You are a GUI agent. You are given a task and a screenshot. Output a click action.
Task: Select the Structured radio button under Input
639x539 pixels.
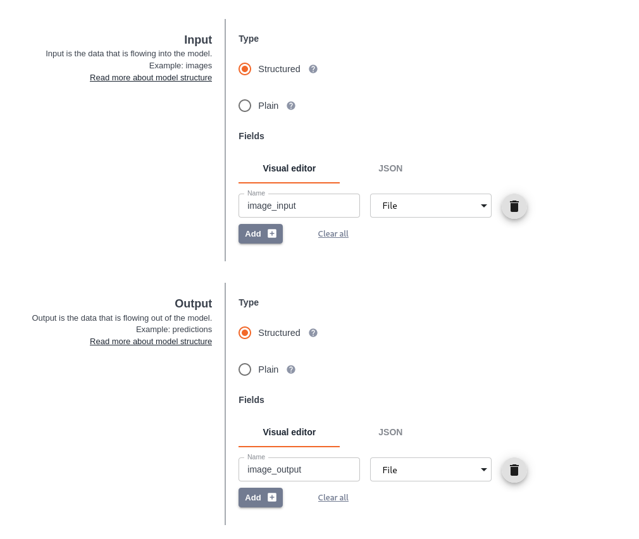coord(245,69)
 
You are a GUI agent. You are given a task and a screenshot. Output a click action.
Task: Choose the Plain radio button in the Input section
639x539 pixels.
coord(245,106)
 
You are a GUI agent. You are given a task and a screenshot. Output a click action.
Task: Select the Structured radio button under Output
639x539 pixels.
coord(245,333)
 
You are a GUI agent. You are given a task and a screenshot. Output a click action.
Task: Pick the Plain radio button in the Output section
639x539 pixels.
coord(245,369)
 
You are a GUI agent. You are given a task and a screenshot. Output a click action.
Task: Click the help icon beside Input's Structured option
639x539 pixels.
coord(313,69)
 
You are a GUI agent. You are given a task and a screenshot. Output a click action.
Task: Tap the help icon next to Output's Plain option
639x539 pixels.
coord(291,369)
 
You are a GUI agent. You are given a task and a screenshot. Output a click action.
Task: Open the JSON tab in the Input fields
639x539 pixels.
coord(390,168)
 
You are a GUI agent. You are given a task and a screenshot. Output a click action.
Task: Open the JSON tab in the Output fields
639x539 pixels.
coord(390,432)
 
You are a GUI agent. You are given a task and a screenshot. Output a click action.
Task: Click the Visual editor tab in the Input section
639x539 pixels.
coord(289,168)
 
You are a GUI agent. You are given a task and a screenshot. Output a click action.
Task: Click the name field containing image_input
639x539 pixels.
coord(299,206)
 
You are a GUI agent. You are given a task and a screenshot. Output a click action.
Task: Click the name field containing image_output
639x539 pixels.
coord(299,469)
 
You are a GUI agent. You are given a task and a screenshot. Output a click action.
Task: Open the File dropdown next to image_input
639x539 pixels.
coord(430,206)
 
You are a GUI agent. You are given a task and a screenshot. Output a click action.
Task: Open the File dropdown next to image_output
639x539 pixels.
coord(430,469)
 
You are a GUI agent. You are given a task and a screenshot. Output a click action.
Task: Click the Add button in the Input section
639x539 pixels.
coord(261,233)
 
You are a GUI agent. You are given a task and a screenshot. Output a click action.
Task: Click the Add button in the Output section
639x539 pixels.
coord(261,497)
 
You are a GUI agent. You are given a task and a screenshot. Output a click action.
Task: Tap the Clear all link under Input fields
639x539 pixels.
coord(333,233)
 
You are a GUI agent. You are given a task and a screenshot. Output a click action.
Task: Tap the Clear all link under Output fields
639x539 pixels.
coord(333,497)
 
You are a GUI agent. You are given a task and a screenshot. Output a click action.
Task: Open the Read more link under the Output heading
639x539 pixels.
coord(151,342)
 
